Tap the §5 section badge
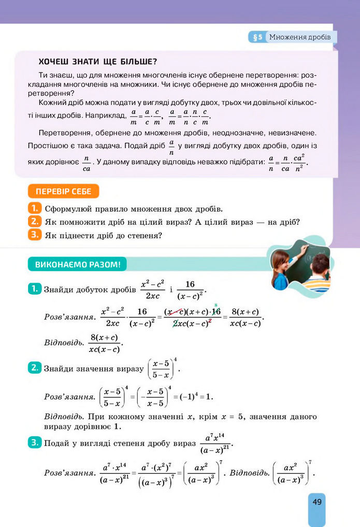(257, 37)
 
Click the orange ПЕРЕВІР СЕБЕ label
(63, 192)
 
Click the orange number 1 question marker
(34, 209)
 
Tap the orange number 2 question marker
(34, 222)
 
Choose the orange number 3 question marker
(34, 235)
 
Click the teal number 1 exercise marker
(34, 289)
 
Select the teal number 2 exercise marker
(34, 368)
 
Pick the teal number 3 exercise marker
(34, 443)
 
